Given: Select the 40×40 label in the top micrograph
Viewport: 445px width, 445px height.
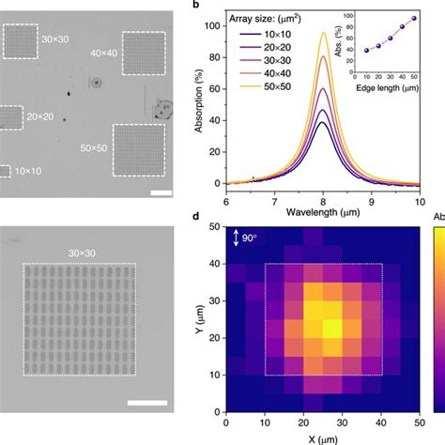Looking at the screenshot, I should (106, 55).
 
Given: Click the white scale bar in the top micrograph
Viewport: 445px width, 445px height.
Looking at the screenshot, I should (160, 194).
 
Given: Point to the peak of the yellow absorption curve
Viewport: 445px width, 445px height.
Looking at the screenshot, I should (324, 33).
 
